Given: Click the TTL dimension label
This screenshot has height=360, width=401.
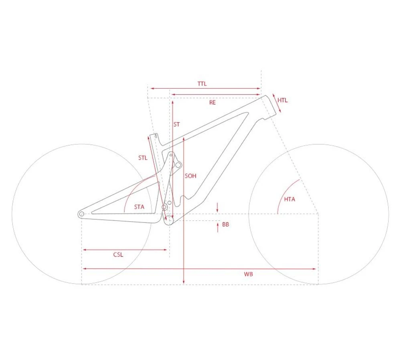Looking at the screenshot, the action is coord(202,84).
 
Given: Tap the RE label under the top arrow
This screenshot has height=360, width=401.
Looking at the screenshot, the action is coord(213,103).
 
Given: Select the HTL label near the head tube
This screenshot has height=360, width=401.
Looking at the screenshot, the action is coord(283,100).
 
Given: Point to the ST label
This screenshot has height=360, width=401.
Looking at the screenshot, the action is coord(177,125).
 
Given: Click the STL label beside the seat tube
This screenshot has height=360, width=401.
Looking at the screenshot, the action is coord(143,158).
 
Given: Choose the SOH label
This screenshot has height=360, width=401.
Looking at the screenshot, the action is coord(190,176).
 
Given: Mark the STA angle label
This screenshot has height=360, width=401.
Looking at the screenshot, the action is coord(140,207).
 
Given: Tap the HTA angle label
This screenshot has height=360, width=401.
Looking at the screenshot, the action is coord(290,199).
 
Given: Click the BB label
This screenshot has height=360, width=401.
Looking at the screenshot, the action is coord(225,224).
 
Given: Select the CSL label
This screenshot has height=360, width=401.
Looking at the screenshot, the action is coord(118,255).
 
